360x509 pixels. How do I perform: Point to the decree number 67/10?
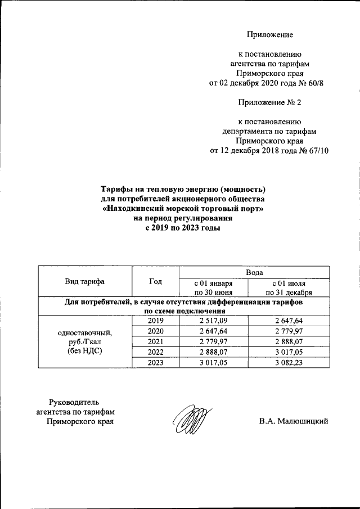(x=318, y=150)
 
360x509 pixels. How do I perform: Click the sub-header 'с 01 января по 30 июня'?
(x=213, y=288)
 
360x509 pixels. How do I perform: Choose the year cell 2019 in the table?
(x=155, y=320)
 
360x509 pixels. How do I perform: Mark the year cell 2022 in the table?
(x=155, y=352)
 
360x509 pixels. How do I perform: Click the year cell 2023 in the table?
(x=155, y=363)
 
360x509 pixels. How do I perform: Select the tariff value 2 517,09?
(x=213, y=320)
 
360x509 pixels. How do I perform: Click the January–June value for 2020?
(x=213, y=331)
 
